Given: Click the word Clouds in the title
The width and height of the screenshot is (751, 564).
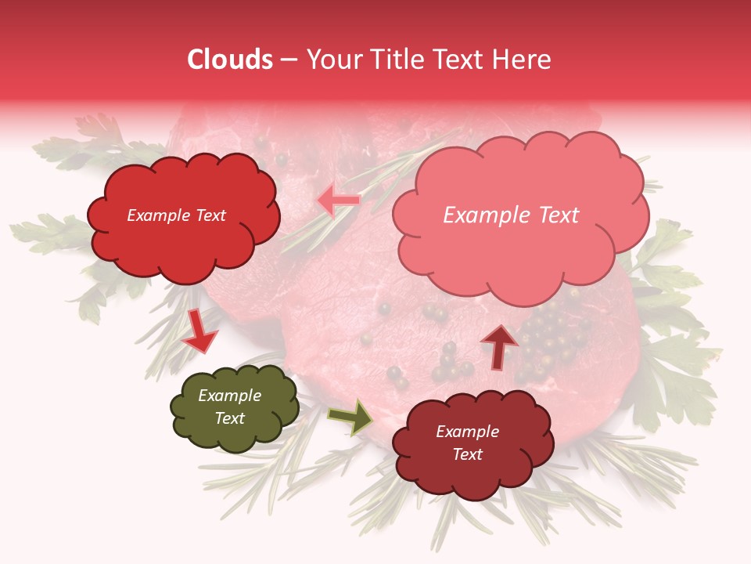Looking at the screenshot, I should click(x=230, y=60).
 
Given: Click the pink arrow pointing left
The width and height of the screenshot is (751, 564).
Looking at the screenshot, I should click(x=339, y=201).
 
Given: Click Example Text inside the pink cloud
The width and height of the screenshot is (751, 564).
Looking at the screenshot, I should click(x=511, y=215).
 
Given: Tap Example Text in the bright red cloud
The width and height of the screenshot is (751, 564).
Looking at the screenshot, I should click(x=176, y=215).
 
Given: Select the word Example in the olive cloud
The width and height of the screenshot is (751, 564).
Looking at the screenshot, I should click(x=229, y=396).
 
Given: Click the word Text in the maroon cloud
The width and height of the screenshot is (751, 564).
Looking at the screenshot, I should click(x=467, y=454).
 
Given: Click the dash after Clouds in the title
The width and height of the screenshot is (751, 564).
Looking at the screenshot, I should click(x=288, y=60).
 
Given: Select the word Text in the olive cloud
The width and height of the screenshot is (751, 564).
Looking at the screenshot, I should click(x=229, y=418).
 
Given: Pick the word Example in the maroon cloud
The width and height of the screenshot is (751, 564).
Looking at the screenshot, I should click(x=467, y=432).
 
